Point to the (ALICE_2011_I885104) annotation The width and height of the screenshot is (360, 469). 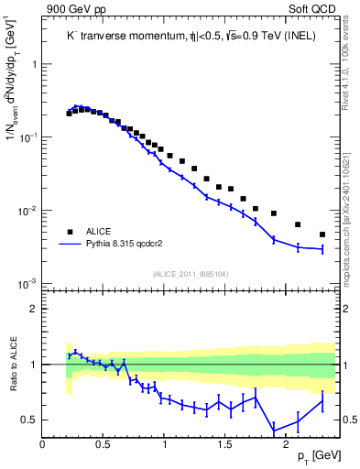tap(189, 274)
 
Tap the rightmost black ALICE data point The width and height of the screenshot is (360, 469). tap(322, 234)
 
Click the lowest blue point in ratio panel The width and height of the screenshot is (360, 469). tap(274, 431)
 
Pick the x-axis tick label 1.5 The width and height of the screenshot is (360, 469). tap(224, 445)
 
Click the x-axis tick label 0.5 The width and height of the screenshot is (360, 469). tap(104, 445)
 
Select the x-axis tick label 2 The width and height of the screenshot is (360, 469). tap(286, 445)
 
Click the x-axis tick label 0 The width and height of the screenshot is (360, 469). tap(43, 445)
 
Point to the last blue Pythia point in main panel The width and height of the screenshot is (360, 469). tap(322, 249)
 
